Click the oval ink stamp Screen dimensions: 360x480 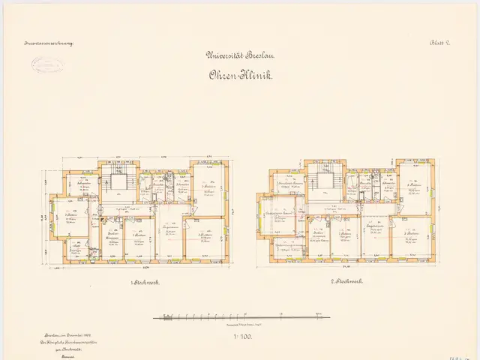(x=47, y=64)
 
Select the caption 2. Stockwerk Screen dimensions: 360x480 (x=347, y=281)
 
